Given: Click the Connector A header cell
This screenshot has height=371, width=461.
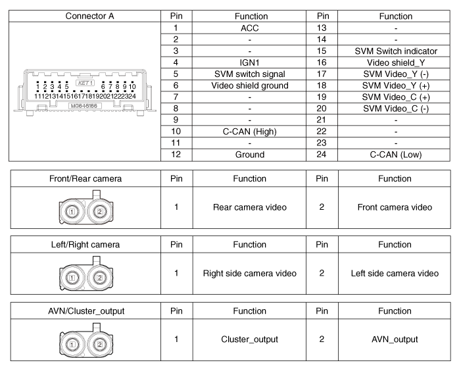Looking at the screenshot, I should (85, 16).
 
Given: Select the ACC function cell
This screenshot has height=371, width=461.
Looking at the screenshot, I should (249, 28).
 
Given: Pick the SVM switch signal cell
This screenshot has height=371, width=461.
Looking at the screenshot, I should (249, 74).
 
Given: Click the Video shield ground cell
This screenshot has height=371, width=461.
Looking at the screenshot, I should (249, 86).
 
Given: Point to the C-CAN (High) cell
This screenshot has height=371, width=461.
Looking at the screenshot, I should (249, 132).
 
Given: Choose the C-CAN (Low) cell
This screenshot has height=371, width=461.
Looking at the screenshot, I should (396, 155).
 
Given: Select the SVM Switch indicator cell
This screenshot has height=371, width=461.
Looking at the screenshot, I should (396, 51).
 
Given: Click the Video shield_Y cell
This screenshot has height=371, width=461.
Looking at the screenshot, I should (396, 62).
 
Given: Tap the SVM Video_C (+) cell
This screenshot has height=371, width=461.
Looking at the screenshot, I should (396, 97).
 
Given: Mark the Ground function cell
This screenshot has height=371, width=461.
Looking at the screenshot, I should (249, 155).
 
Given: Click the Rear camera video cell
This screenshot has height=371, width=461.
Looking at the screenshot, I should (249, 207).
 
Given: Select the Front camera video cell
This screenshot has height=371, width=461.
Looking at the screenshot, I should (396, 207).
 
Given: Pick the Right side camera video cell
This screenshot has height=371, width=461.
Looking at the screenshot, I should (249, 273).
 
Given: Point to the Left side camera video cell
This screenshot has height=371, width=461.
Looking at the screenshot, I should (396, 273).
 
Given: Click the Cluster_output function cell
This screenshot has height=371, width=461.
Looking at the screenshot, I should (249, 339).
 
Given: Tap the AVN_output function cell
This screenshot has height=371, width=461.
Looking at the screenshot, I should (396, 339).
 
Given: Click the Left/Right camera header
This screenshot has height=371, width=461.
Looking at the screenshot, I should (85, 245).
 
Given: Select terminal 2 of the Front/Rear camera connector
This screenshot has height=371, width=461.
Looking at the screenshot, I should (99, 212).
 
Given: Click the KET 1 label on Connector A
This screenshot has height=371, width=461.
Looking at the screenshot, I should (85, 84).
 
